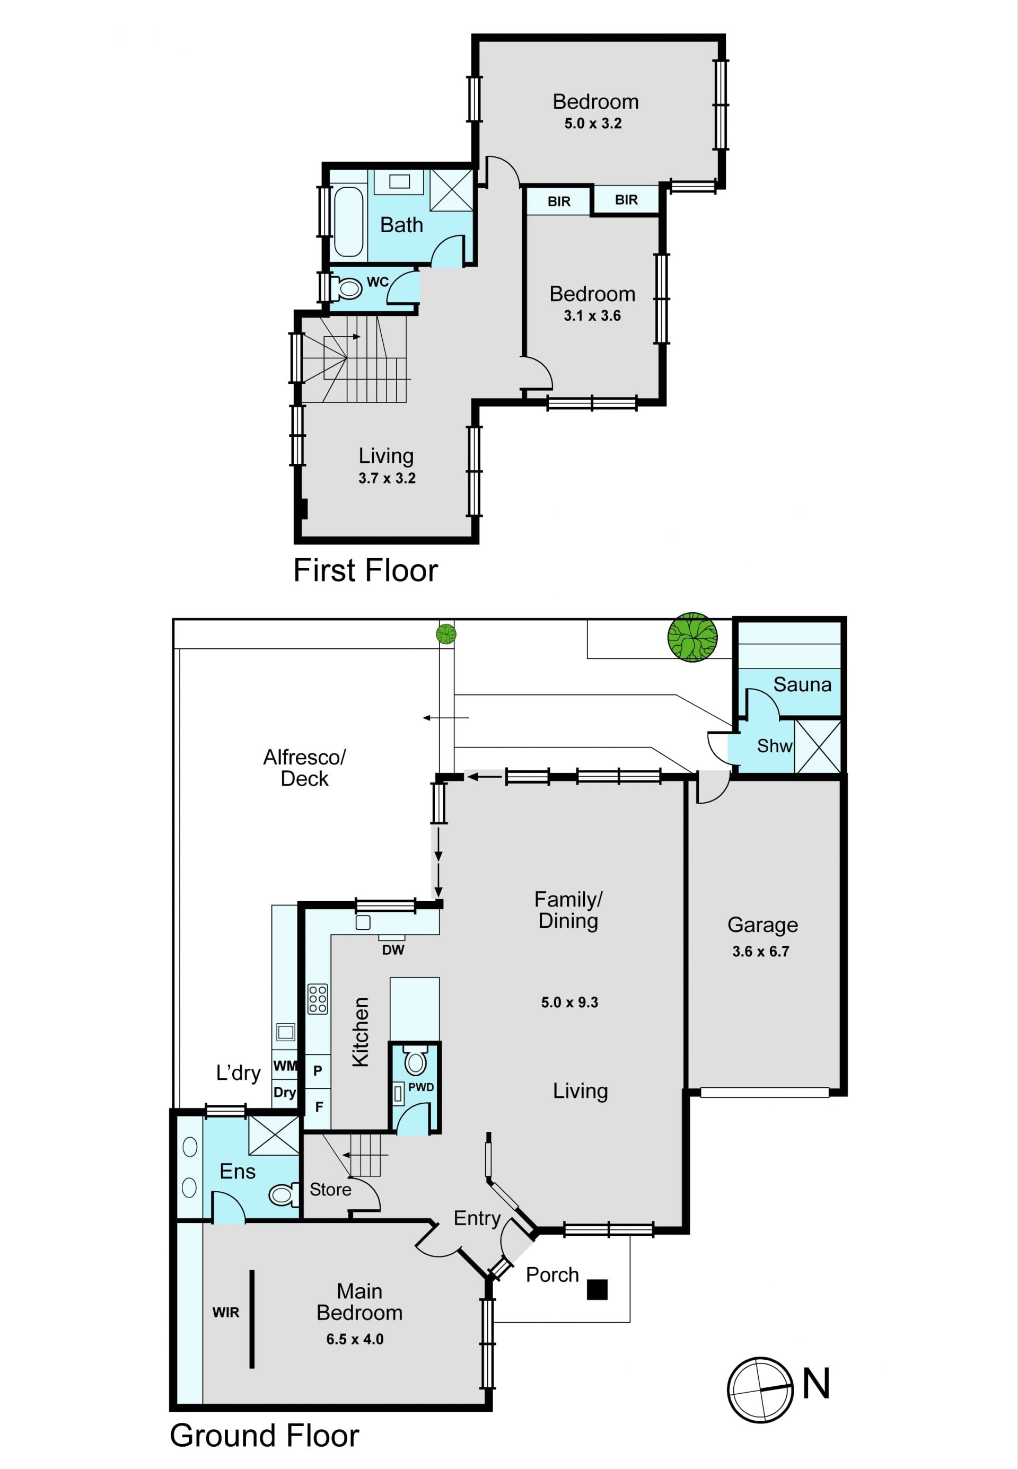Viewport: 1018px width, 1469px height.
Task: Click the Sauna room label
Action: [x=802, y=685]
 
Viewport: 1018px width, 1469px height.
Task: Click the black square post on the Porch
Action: [x=597, y=1289]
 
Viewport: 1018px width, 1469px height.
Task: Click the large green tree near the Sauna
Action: [x=692, y=637]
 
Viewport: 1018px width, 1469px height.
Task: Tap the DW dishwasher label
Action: [x=393, y=950]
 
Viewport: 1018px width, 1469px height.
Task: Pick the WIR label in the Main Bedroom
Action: [x=226, y=1312]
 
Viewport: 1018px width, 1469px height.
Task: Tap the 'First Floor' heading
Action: [x=365, y=570]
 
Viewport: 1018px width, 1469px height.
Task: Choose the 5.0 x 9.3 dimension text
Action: [x=569, y=1002]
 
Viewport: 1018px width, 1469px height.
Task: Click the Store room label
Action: [x=330, y=1190]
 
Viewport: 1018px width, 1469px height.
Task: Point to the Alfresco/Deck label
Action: [x=305, y=768]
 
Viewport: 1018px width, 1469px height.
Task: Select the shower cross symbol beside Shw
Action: [x=818, y=746]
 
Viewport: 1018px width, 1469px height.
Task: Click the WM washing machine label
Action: [x=285, y=1066]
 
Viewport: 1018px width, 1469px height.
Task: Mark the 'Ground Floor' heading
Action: [x=264, y=1435]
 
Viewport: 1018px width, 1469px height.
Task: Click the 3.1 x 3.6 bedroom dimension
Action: [x=592, y=315]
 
